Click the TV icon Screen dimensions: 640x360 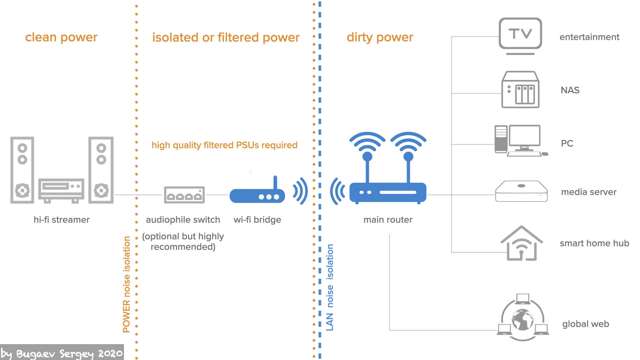pos(520,36)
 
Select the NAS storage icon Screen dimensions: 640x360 pos(520,89)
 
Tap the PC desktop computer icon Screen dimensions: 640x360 pos(521,141)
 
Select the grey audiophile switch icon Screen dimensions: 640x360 pos(184,195)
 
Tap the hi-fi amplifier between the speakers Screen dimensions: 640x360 pos(61,190)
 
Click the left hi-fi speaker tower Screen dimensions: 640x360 pos(22,170)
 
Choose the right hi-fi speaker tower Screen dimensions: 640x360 pos(101,170)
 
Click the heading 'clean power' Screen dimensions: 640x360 pos(61,37)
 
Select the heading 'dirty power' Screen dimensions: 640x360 pos(380,37)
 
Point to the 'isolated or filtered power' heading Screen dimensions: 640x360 pos(226,37)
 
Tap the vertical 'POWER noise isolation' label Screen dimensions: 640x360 pos(127,284)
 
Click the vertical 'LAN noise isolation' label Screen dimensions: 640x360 pos(330,287)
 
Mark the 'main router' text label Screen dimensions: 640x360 pos(388,220)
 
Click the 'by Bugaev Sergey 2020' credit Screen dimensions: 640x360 pos(62,353)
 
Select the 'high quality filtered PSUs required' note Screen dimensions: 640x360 pos(225,145)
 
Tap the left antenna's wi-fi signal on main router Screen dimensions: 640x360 pos(367,140)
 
